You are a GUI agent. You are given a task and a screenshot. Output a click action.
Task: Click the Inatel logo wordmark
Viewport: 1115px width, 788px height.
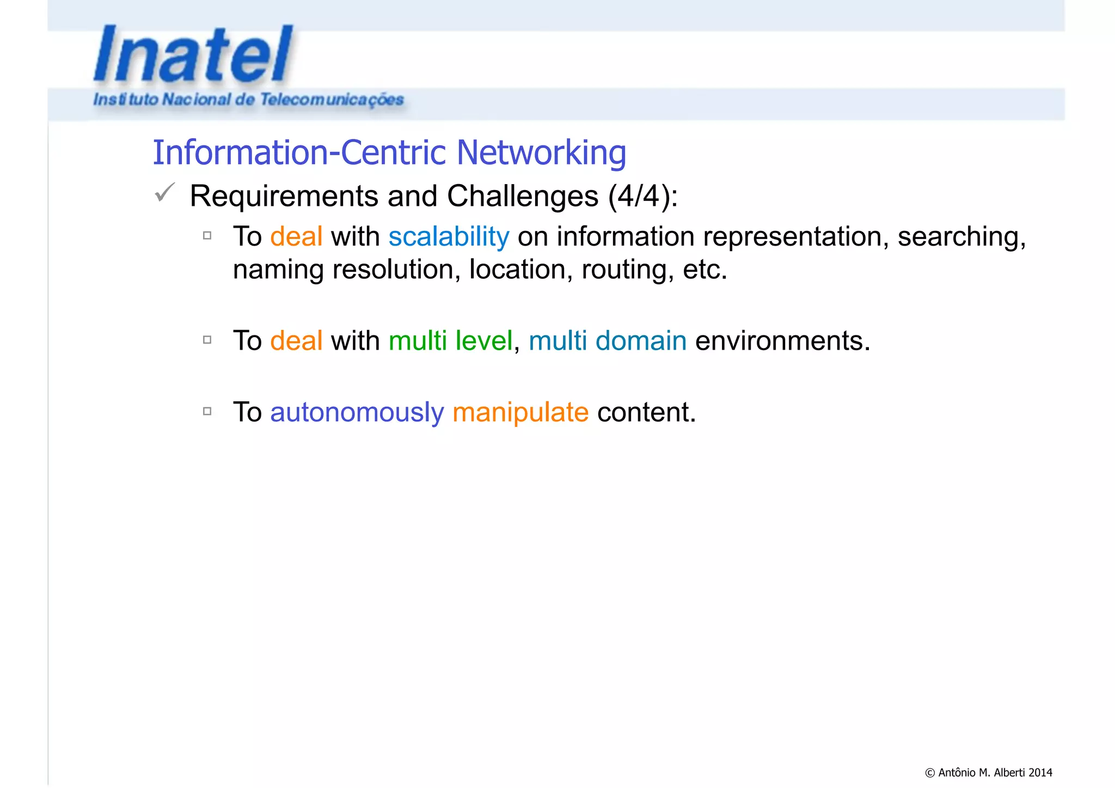[x=193, y=54]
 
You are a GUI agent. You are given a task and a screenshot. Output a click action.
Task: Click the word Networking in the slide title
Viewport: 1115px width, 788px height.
[x=541, y=152]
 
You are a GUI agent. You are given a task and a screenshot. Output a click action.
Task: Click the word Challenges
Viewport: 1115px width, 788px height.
[x=522, y=196]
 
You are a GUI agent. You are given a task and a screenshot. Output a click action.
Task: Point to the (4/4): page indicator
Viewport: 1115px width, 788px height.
[x=643, y=196]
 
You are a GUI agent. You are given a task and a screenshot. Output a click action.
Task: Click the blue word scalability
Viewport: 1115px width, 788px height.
[x=449, y=237]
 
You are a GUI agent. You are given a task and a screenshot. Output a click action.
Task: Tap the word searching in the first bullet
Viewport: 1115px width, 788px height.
[x=961, y=237]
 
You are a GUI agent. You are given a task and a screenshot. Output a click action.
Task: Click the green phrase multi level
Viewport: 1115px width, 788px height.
[x=450, y=341]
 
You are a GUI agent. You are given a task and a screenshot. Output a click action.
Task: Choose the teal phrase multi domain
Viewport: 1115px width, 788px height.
[x=607, y=341]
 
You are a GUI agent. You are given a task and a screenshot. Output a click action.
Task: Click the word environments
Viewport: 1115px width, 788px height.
[x=782, y=341]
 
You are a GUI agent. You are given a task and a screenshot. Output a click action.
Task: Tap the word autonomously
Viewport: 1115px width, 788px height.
[x=357, y=412]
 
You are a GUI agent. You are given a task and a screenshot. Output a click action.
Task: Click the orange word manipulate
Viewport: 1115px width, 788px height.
[x=520, y=412]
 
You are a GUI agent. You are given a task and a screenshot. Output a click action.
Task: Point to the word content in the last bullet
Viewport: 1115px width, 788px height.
[x=646, y=412]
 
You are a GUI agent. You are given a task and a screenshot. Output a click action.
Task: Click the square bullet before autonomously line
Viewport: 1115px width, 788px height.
[x=207, y=411]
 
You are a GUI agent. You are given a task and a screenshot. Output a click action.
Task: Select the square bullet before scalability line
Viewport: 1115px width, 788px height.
[x=207, y=236]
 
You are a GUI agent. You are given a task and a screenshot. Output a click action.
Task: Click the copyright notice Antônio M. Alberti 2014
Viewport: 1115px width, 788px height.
[x=988, y=772]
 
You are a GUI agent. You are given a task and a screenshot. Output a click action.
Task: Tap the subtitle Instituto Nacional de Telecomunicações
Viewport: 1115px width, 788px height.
[x=248, y=100]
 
